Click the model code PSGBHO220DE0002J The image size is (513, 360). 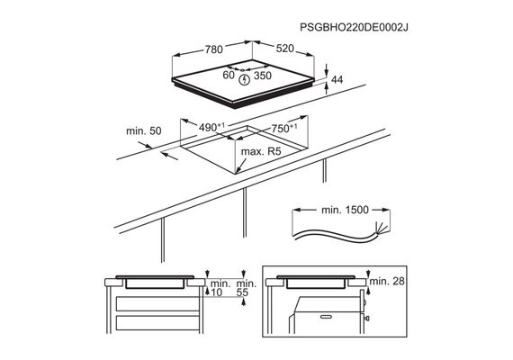354,27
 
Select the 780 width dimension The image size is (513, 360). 214,49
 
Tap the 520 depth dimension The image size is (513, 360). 285,49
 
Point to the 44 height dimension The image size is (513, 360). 337,79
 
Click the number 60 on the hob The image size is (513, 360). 229,75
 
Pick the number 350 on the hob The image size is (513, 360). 263,76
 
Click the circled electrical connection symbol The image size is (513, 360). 244,79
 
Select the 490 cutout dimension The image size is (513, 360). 211,127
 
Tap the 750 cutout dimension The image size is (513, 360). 284,129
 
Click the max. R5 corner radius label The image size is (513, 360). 261,151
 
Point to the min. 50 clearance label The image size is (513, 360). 144,130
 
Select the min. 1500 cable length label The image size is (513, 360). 346,210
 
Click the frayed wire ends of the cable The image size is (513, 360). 380,228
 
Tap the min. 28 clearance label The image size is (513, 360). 387,281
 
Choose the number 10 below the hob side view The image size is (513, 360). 217,292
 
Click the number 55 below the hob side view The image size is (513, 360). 242,292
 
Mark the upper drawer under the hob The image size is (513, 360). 157,303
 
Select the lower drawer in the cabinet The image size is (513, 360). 157,323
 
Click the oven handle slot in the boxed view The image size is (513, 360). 326,317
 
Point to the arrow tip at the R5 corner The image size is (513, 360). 236,172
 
